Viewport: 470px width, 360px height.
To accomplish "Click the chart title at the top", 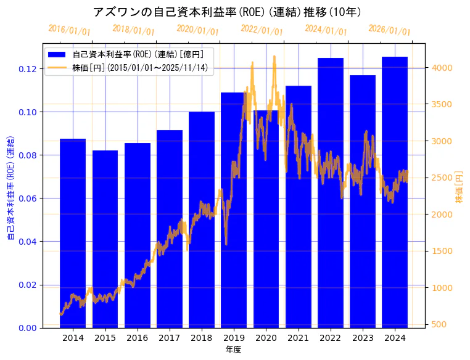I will (227, 12).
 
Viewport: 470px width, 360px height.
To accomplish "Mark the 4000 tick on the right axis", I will (443, 68).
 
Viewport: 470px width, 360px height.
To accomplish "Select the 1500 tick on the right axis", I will (443, 252).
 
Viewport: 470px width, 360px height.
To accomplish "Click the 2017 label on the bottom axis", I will (170, 338).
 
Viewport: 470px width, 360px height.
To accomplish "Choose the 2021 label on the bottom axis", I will (299, 338).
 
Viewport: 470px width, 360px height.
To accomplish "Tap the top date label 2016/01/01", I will (69, 30).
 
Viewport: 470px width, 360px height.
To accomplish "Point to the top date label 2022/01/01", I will (262, 30).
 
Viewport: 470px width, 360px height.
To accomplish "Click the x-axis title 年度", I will (233, 350).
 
